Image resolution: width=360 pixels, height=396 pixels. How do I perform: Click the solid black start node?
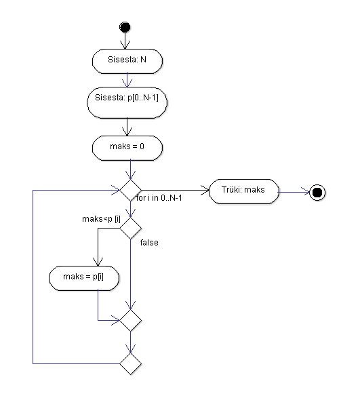125,27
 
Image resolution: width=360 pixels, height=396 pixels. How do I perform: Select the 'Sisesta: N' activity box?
127,61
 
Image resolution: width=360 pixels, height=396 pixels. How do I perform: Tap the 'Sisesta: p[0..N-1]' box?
127,102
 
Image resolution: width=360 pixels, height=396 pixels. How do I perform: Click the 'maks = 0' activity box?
127,148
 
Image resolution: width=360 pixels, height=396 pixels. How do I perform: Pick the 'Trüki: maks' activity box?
244,191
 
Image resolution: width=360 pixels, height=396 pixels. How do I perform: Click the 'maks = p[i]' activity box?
84,278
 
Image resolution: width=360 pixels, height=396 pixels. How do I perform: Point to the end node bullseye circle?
317,193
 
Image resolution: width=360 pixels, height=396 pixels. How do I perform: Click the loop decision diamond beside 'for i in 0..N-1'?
131,190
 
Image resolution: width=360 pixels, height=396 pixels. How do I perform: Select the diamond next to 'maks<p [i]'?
131,228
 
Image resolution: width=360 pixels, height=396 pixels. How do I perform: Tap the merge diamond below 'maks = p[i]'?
131,320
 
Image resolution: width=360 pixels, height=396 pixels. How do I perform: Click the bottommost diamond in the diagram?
131,363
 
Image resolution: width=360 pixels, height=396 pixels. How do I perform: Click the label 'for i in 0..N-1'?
159,198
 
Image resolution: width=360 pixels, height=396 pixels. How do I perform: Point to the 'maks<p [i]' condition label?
101,219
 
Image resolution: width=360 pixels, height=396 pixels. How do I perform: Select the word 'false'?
149,243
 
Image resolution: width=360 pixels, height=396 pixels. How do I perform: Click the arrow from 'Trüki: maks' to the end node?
294,192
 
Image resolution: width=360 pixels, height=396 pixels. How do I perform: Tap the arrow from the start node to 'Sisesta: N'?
125,41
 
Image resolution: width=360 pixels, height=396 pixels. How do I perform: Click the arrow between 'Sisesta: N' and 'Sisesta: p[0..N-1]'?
127,80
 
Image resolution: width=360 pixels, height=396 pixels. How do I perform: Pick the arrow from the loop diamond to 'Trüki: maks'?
175,190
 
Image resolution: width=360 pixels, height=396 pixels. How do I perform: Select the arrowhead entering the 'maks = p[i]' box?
98,262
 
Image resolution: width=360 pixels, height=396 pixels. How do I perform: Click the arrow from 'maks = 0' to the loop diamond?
131,170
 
